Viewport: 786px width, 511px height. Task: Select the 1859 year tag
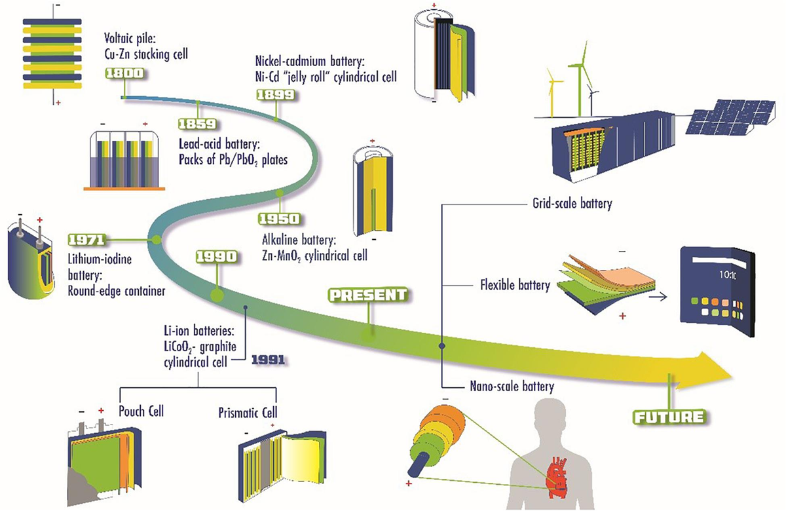(196, 123)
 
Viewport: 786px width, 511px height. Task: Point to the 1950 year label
(278, 218)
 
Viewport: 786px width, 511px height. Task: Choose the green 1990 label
(215, 257)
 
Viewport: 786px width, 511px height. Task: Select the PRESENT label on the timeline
(367, 295)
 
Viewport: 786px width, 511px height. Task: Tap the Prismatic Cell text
(248, 413)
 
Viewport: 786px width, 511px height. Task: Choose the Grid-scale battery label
(569, 203)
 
